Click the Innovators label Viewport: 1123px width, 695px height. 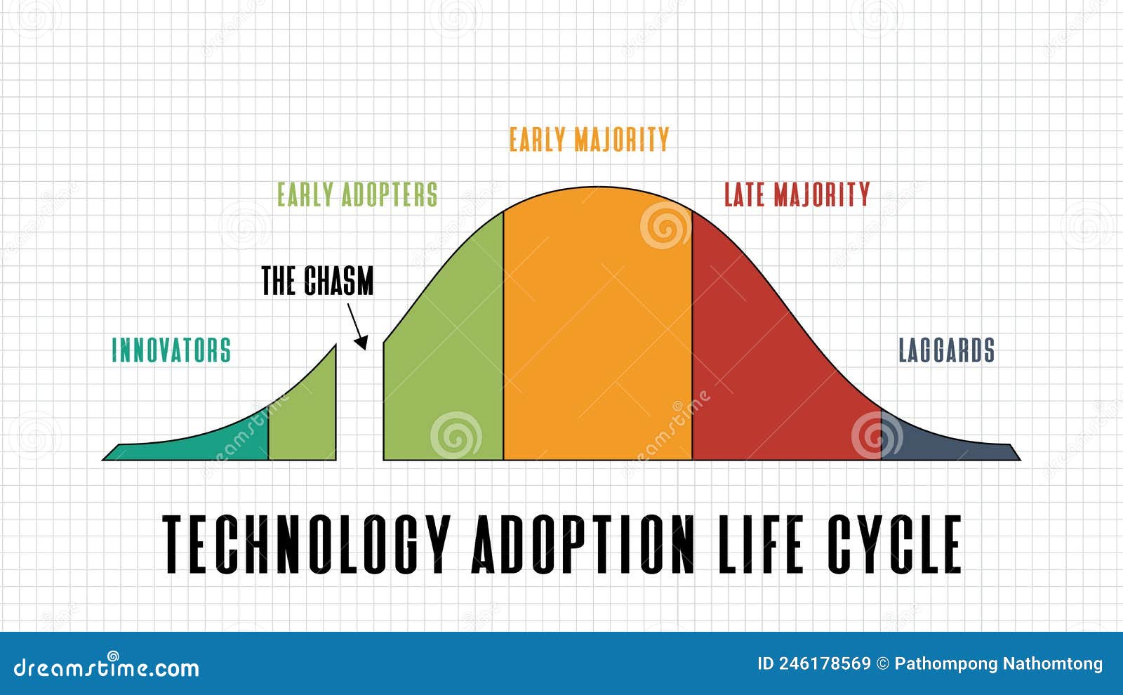pos(171,350)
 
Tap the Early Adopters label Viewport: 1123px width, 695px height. pos(357,194)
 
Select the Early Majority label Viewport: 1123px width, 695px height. pos(589,140)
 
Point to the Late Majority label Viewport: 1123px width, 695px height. pos(797,194)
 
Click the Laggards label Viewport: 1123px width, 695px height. pos(946,350)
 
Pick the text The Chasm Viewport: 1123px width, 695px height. pos(317,281)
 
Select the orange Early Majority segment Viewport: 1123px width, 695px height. pos(597,330)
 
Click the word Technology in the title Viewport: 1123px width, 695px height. pos(306,544)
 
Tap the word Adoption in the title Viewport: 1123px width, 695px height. pos(583,544)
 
